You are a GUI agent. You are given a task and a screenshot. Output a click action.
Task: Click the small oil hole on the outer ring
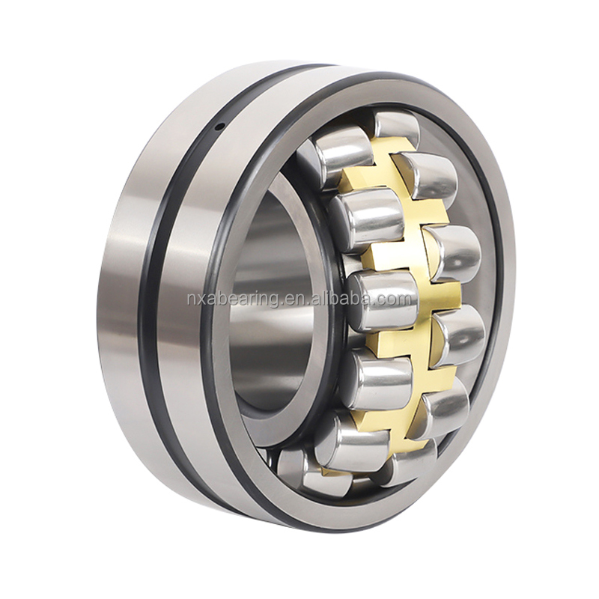pyautogui.click(x=219, y=127)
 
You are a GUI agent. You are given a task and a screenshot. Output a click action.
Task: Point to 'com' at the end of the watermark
pyautogui.click(x=397, y=299)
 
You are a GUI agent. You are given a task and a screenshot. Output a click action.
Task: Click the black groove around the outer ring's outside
pyautogui.click(x=153, y=299)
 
